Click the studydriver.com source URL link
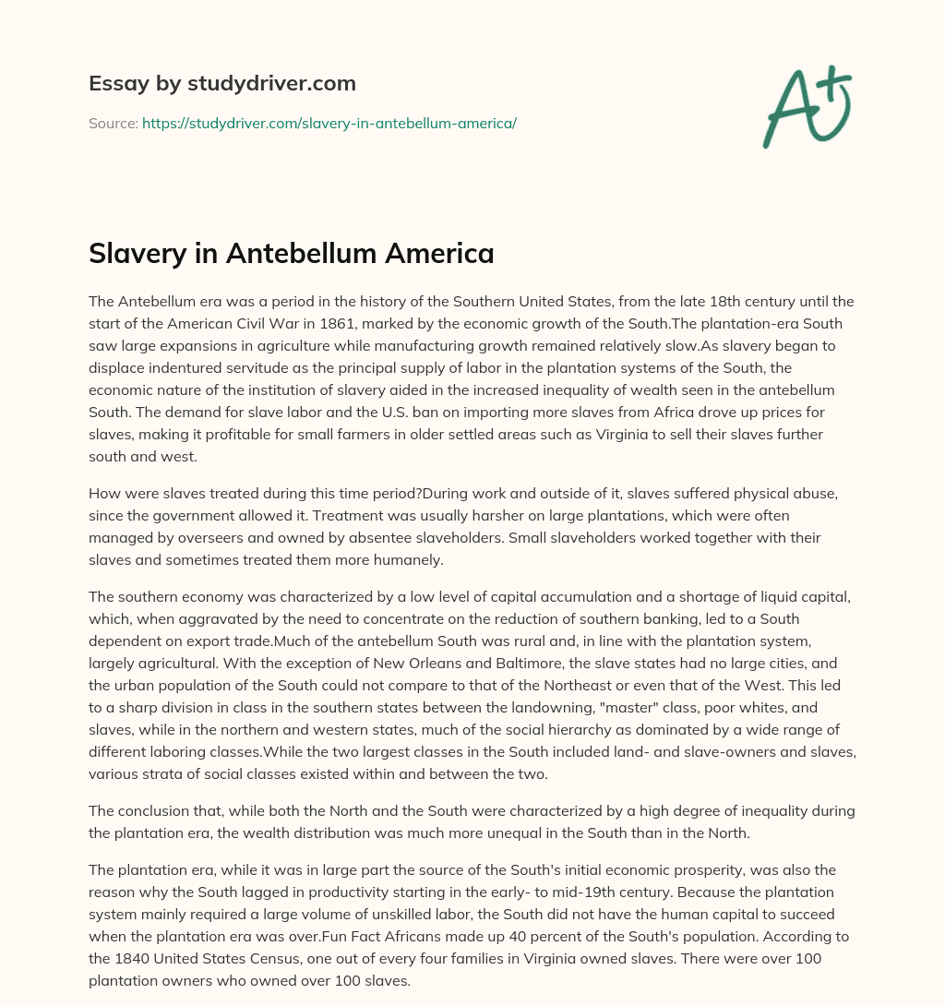[x=329, y=123]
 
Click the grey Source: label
[x=114, y=123]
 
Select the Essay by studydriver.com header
[x=222, y=83]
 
